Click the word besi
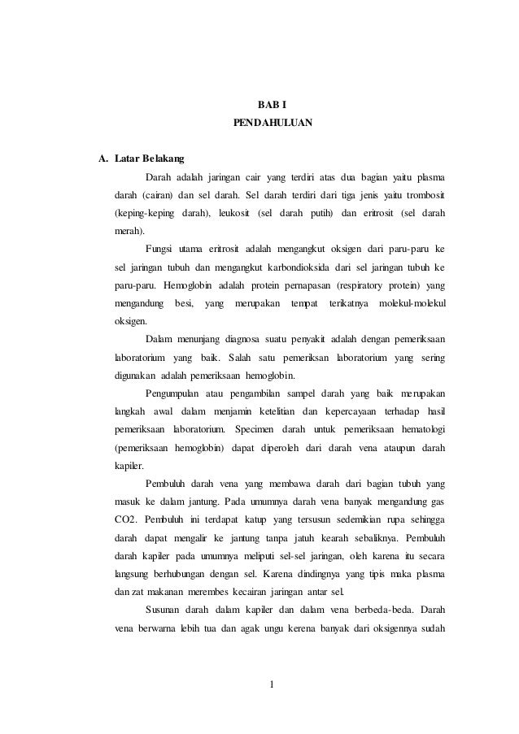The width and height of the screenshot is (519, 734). [x=175, y=303]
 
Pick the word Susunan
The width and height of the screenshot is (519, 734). [x=164, y=608]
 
